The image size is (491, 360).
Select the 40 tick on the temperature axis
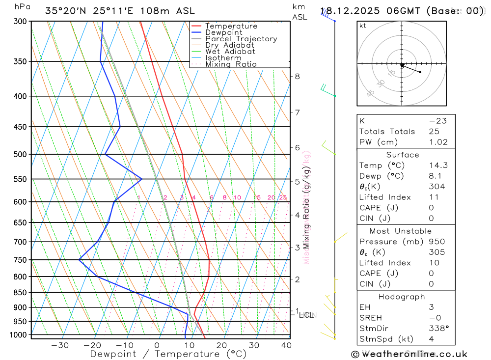tap(286, 345)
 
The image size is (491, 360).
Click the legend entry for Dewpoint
tap(223, 32)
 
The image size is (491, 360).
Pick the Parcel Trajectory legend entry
tap(241, 39)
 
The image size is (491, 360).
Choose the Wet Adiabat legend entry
tap(230, 52)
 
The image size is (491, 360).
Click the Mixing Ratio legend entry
tap(231, 64)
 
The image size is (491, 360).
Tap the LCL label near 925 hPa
tap(306, 315)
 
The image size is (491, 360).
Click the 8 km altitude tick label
tap(298, 76)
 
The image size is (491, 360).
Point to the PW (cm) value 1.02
tap(438, 142)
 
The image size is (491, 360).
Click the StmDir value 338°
tap(436, 329)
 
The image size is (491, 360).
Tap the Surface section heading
tap(403, 155)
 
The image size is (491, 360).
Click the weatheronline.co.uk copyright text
tap(409, 354)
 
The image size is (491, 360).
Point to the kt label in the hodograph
tap(363, 26)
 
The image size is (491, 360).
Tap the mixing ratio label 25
tap(283, 197)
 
